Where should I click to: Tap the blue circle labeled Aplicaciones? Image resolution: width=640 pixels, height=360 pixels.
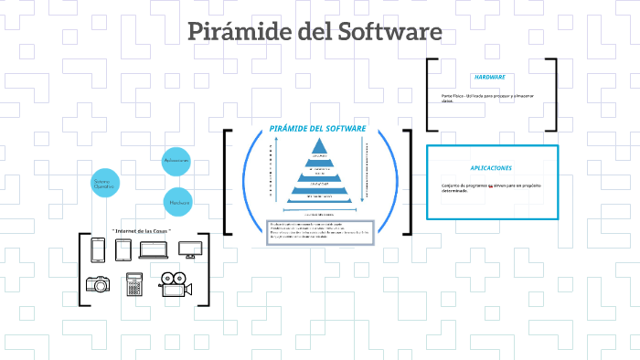pos(176,161)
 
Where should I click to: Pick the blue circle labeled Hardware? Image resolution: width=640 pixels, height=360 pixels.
pos(178,202)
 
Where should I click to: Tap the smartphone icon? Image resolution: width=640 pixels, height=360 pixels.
pos(99,249)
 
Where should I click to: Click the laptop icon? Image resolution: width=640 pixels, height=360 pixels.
pos(157,250)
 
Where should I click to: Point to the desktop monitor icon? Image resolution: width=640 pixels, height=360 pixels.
pos(189,249)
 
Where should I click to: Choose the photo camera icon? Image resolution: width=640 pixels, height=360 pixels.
pos(98,284)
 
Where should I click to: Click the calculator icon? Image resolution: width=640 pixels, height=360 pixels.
pos(134,284)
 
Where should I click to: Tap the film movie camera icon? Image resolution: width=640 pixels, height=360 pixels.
pos(175,284)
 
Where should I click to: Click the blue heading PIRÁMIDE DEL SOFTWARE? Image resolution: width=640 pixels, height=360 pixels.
pos(317,129)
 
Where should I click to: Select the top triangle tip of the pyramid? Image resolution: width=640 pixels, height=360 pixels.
pos(320,147)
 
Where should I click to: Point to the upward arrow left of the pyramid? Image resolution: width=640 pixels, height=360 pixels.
pos(272,172)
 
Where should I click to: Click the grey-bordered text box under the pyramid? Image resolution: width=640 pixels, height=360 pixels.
pos(320,232)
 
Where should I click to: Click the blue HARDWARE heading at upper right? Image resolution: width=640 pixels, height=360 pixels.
pos(490,77)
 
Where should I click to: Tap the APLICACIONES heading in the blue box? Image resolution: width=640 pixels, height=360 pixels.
pos(491,168)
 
